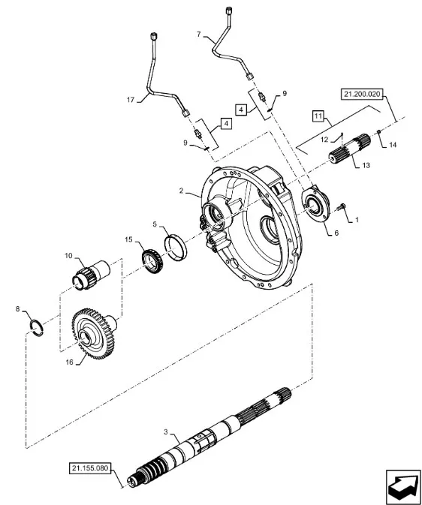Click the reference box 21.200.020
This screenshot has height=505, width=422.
(362, 95)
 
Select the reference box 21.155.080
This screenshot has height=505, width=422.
(90, 468)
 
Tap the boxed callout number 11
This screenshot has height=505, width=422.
(318, 116)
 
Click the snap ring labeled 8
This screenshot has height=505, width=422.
(37, 328)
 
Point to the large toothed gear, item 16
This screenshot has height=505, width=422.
(94, 334)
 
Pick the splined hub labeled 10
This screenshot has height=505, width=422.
(91, 274)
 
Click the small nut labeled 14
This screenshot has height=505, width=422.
(378, 131)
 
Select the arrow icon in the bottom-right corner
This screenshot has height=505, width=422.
(404, 487)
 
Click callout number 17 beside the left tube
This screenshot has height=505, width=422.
(130, 100)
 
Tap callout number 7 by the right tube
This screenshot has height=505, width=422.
(198, 34)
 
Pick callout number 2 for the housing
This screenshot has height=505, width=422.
(181, 191)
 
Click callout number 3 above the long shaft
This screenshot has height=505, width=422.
(166, 432)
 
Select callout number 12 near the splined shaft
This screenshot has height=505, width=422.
(324, 140)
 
